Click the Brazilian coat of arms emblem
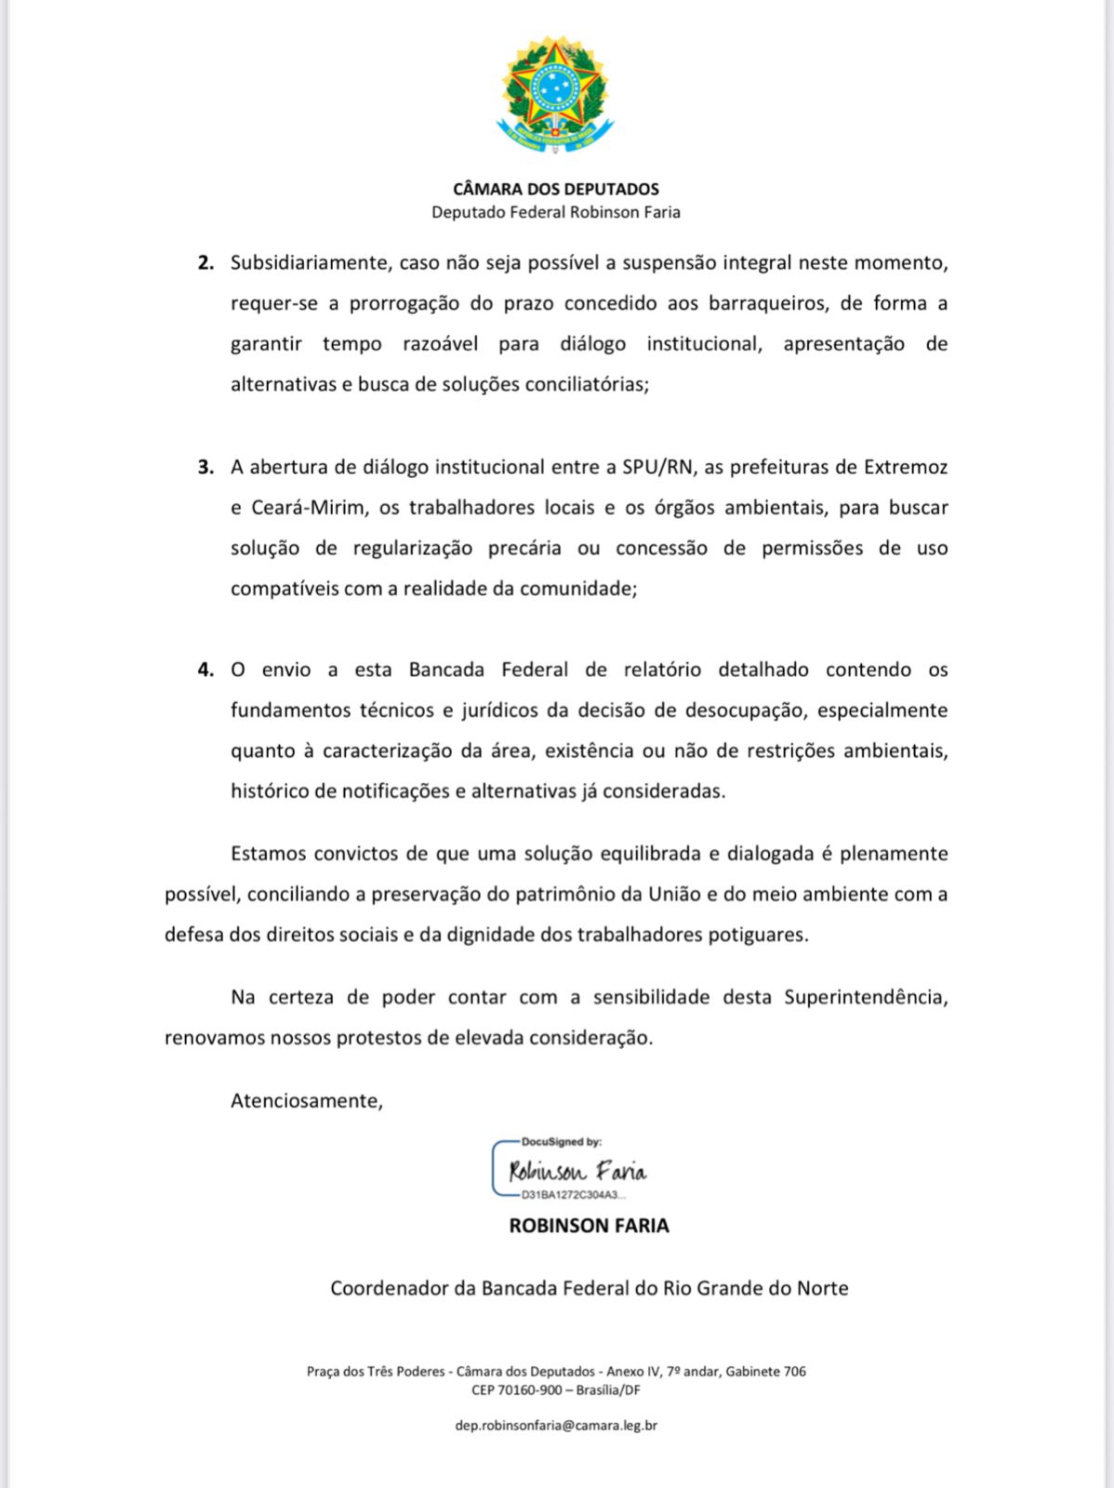coord(555,96)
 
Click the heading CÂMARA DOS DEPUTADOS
coord(556,189)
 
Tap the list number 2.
coord(206,263)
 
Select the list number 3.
coord(206,467)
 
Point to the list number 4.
coord(206,670)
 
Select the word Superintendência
coord(865,997)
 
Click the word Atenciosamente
coord(306,1101)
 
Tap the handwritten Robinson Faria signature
coord(577,1170)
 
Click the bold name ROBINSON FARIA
coord(589,1226)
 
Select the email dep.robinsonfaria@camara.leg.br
coord(556,1425)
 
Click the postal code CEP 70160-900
coord(516,1390)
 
